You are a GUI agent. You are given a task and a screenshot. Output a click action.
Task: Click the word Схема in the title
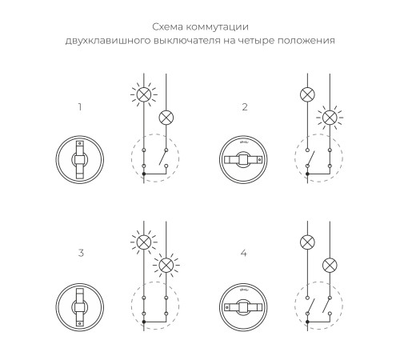tap(147, 25)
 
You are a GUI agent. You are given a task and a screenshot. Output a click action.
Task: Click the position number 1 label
tap(79, 106)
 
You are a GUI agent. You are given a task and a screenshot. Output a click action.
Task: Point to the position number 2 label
tap(245, 106)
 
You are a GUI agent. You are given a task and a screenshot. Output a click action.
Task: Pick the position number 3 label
tap(80, 253)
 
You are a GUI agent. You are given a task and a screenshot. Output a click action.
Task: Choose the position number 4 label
tap(245, 253)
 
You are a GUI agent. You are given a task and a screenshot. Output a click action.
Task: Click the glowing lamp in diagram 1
tap(143, 94)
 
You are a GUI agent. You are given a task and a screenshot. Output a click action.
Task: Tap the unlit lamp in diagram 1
tap(166, 117)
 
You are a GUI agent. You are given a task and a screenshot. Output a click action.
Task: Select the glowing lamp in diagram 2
tap(328, 117)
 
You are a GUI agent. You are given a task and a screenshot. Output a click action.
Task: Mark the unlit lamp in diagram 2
tap(306, 94)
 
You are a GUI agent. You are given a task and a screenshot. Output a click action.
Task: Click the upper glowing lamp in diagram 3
tap(143, 241)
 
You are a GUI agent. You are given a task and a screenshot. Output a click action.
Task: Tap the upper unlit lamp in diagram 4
tap(306, 241)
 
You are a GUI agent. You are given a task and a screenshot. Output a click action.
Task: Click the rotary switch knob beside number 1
tap(79, 158)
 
